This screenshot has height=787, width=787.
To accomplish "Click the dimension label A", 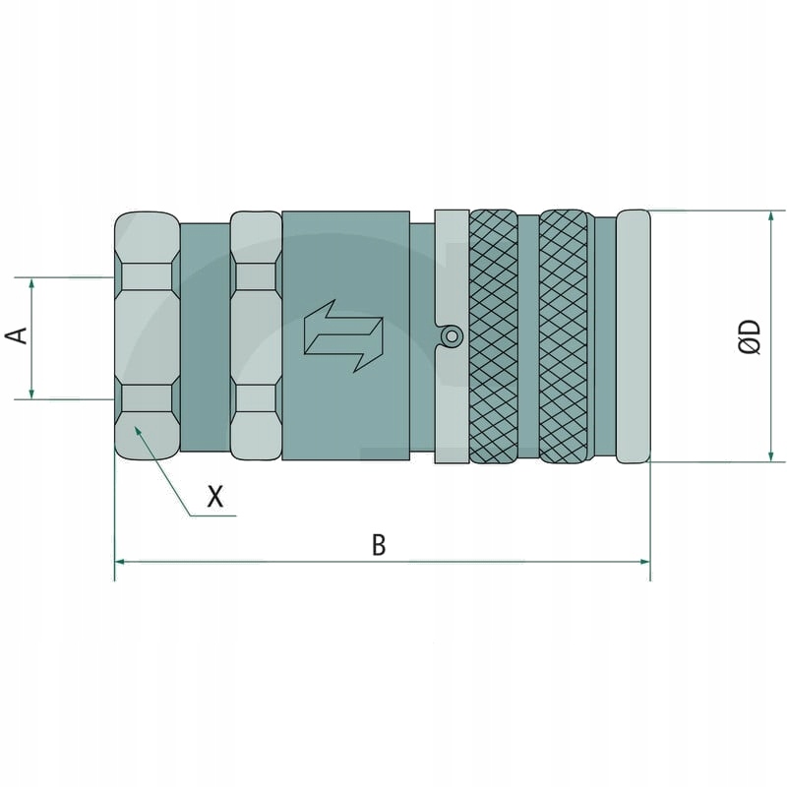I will point(17,336).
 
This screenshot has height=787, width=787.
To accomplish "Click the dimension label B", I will point(379,544).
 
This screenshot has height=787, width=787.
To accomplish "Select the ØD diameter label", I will point(750,335).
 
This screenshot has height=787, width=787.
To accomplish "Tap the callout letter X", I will point(215,497).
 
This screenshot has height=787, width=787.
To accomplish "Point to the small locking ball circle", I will point(451,336).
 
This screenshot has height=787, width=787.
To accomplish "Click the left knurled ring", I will point(494,335).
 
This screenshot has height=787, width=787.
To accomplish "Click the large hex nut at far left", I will point(148,335).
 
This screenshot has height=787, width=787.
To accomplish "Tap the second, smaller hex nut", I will point(256,335).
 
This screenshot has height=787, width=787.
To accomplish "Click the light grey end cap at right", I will point(634,335).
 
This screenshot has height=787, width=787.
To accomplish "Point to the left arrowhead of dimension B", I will point(120,561).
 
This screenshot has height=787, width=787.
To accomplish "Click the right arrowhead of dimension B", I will point(645,561).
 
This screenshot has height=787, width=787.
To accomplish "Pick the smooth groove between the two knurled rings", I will point(528,335).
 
